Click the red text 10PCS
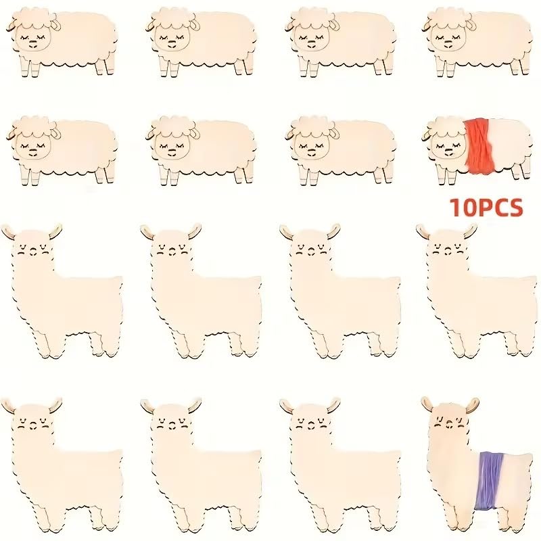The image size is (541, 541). coord(486,208)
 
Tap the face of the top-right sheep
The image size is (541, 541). coord(446,34)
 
